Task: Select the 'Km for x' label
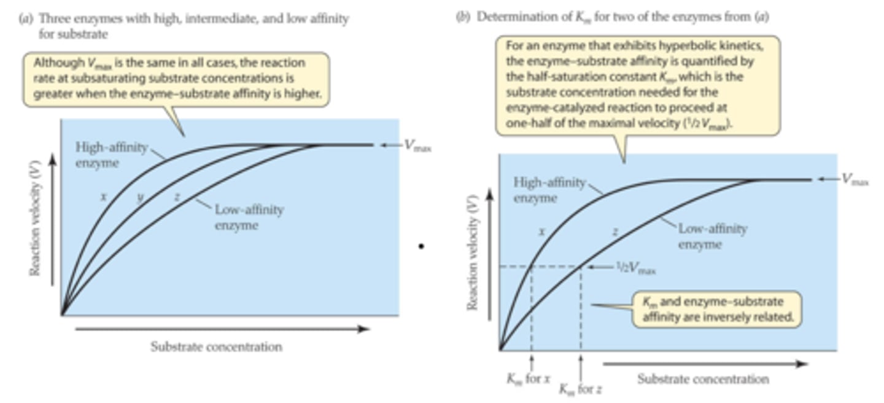coord(524,378)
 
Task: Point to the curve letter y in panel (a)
coord(140,197)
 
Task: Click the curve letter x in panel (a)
coord(104,197)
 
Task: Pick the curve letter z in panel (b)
coord(615,232)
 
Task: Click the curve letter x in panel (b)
coord(542,232)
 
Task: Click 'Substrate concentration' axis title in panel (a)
coord(216,346)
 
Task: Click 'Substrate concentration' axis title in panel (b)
coord(703,379)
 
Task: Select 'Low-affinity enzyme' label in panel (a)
coord(249,217)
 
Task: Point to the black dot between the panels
coord(421,247)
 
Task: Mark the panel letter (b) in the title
coord(462,18)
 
